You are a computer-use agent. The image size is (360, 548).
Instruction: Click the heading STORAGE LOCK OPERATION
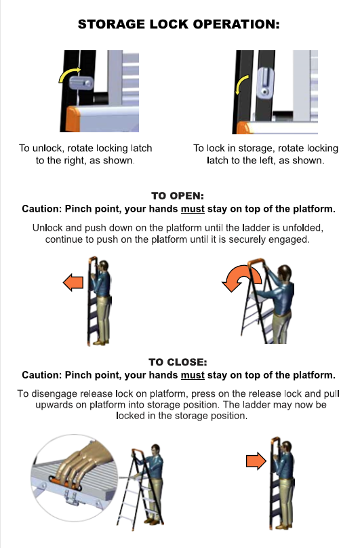coord(178,24)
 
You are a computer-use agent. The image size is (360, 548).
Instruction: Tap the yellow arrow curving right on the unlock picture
coord(68,74)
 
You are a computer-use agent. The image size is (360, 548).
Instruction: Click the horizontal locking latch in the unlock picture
coord(81,83)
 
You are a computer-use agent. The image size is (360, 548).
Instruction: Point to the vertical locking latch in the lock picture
coord(265,83)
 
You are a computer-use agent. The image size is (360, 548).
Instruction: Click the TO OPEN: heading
coord(178,196)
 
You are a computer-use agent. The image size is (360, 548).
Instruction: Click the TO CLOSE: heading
coord(178,362)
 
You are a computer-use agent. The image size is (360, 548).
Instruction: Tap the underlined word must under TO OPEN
coord(193,209)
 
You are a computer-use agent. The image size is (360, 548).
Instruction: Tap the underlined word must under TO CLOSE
coord(193,375)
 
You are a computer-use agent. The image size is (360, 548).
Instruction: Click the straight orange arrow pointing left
coord(73,282)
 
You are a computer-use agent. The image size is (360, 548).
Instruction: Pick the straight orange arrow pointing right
coord(256,461)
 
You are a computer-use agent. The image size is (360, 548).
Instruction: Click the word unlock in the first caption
coord(47,148)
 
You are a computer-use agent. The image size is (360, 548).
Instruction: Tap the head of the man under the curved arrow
coord(285,273)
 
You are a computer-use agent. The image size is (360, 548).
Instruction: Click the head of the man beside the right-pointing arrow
coord(286,448)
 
